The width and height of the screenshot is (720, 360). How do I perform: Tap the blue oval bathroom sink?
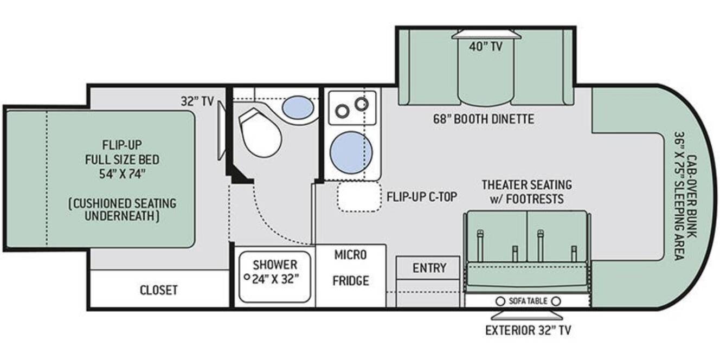(x=298, y=107)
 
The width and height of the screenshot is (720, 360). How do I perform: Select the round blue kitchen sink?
(x=351, y=152)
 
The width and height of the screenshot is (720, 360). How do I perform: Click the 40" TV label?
(x=485, y=47)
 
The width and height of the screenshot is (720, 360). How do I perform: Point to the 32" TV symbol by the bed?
(x=222, y=130)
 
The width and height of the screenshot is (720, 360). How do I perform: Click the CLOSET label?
(x=158, y=290)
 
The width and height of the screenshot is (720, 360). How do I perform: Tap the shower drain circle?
(x=247, y=277)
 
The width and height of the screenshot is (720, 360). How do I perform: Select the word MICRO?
(x=350, y=255)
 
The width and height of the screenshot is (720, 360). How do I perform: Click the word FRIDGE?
(x=351, y=281)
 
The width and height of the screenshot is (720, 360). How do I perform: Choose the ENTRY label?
(x=429, y=268)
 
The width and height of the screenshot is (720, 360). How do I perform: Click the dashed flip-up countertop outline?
(x=359, y=196)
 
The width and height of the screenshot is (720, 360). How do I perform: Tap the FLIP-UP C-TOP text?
(x=422, y=197)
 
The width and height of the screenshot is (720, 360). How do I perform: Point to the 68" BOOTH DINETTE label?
(x=484, y=119)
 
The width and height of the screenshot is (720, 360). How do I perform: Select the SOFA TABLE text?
(x=528, y=301)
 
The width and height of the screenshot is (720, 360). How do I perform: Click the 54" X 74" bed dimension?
(x=122, y=174)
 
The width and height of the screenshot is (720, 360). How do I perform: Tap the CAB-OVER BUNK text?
(x=692, y=197)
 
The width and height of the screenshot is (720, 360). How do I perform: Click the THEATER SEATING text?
(x=527, y=185)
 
